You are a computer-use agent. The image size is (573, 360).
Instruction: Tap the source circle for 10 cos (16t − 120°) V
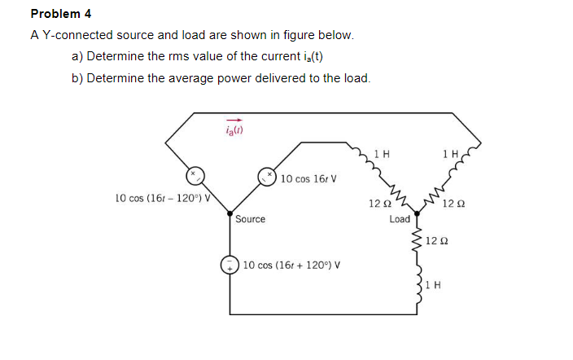tap(194, 175)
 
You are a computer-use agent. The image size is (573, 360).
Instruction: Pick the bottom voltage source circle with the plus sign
tap(230, 265)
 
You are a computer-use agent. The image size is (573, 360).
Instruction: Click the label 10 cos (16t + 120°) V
tap(291, 265)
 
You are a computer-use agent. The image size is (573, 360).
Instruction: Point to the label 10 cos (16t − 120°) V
tap(163, 197)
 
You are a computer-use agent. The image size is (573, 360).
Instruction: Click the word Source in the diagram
tap(250, 218)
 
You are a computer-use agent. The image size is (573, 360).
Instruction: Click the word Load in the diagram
tap(400, 218)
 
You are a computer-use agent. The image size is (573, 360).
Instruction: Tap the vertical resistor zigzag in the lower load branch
tap(420, 239)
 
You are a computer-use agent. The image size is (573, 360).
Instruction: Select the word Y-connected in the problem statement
tap(76, 35)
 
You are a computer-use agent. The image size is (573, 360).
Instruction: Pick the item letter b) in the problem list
tap(77, 78)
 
